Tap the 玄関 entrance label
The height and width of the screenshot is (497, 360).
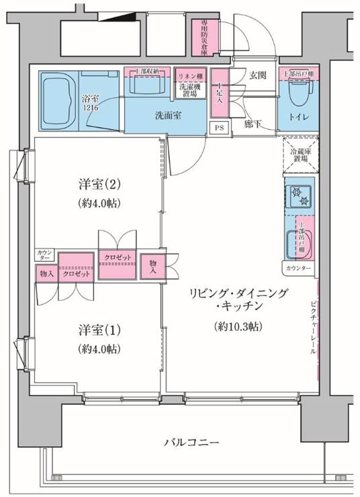click(259, 75)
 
